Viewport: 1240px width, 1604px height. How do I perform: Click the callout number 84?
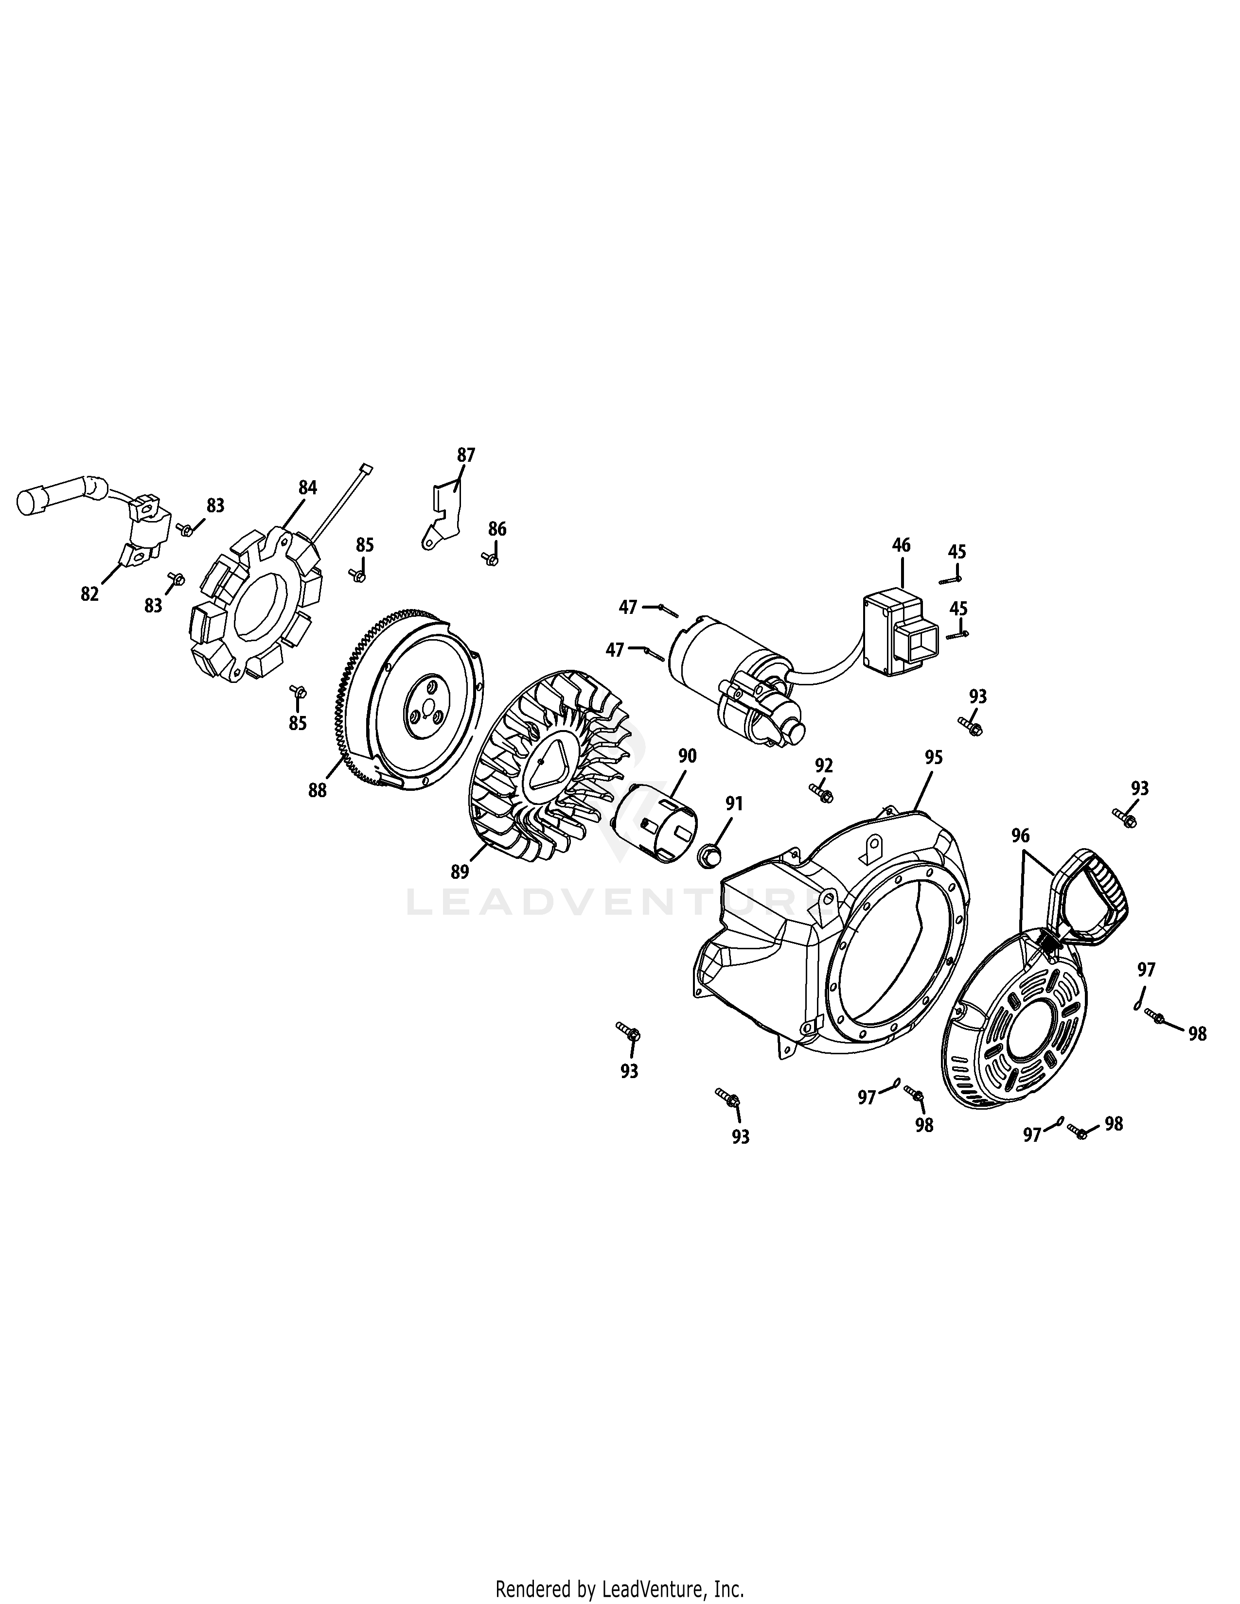pos(307,487)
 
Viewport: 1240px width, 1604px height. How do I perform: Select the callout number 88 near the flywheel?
pos(318,791)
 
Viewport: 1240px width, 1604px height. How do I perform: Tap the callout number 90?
pos(687,756)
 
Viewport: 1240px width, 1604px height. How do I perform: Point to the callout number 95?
pos(933,758)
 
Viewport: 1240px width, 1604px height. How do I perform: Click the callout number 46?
pos(901,545)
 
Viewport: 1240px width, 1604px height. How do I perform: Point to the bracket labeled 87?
pos(443,516)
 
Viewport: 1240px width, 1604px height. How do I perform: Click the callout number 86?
pos(497,529)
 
